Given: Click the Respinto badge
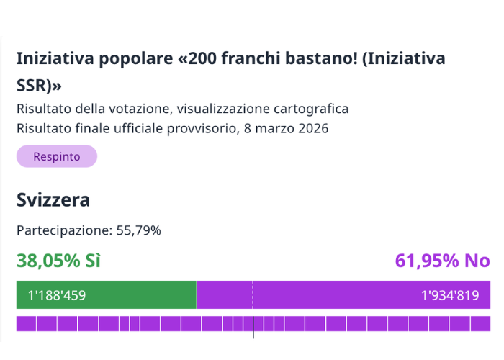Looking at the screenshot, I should tap(56, 156).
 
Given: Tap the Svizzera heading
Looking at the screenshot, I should tap(53, 199).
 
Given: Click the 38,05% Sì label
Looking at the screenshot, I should tap(58, 261).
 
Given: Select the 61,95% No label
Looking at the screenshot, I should tap(442, 261).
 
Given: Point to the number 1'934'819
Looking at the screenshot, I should tap(450, 295).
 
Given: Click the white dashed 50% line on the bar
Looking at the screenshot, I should tap(253, 295).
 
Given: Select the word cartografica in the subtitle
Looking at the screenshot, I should tap(312, 109).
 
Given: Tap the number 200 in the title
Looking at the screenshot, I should tap(204, 58).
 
